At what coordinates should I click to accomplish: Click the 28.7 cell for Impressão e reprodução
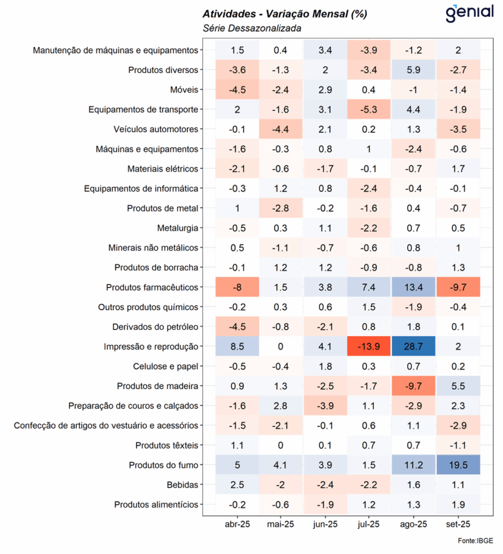point(414,346)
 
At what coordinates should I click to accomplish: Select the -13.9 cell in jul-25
point(370,346)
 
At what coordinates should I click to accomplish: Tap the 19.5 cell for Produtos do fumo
point(458,465)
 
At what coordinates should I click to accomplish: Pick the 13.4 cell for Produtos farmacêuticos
point(414,287)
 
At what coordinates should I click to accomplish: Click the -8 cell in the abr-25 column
point(237,287)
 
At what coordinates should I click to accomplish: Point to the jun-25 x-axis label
point(325,524)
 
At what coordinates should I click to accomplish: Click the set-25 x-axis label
point(458,524)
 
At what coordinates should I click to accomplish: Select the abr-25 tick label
point(237,524)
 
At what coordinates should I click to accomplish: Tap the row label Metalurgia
point(178,228)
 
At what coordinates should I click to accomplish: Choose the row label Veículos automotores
point(156,129)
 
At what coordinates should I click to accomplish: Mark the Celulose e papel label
point(166,366)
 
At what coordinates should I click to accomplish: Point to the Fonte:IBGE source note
point(475,540)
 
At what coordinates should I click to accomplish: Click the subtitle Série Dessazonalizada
point(251,28)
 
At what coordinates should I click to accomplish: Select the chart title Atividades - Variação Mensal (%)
point(284,14)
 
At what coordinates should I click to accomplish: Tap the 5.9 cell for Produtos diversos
point(414,70)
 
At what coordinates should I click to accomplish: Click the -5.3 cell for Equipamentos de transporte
point(370,109)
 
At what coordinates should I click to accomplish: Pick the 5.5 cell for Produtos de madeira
point(458,386)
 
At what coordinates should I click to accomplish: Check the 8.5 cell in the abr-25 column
point(237,346)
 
